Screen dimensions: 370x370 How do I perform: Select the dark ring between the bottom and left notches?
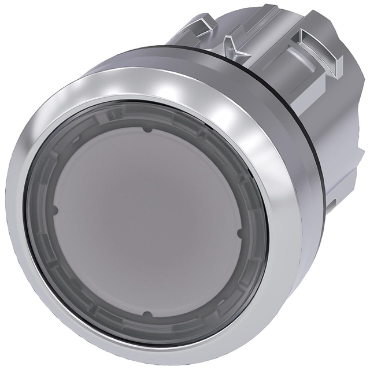tap(81, 277)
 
